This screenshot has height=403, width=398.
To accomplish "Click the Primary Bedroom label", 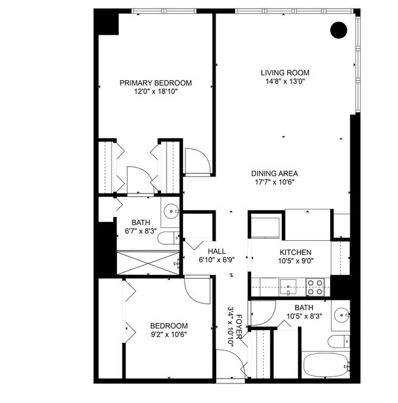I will pyautogui.click(x=156, y=83).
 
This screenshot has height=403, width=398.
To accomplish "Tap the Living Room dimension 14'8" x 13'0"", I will pyautogui.click(x=284, y=81).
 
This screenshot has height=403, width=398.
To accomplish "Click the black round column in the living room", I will pyautogui.click(x=337, y=30).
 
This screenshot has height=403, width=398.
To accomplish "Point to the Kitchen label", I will pyautogui.click(x=296, y=252).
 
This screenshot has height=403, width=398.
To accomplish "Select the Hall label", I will pyautogui.click(x=217, y=251).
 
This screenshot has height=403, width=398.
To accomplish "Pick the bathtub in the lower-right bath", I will pyautogui.click(x=325, y=365).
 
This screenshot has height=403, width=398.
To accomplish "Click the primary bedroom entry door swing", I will pyautogui.click(x=197, y=160).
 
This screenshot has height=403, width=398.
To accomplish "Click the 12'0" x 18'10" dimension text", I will pyautogui.click(x=156, y=92).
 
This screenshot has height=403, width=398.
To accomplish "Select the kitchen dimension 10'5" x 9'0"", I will pyautogui.click(x=295, y=261).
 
